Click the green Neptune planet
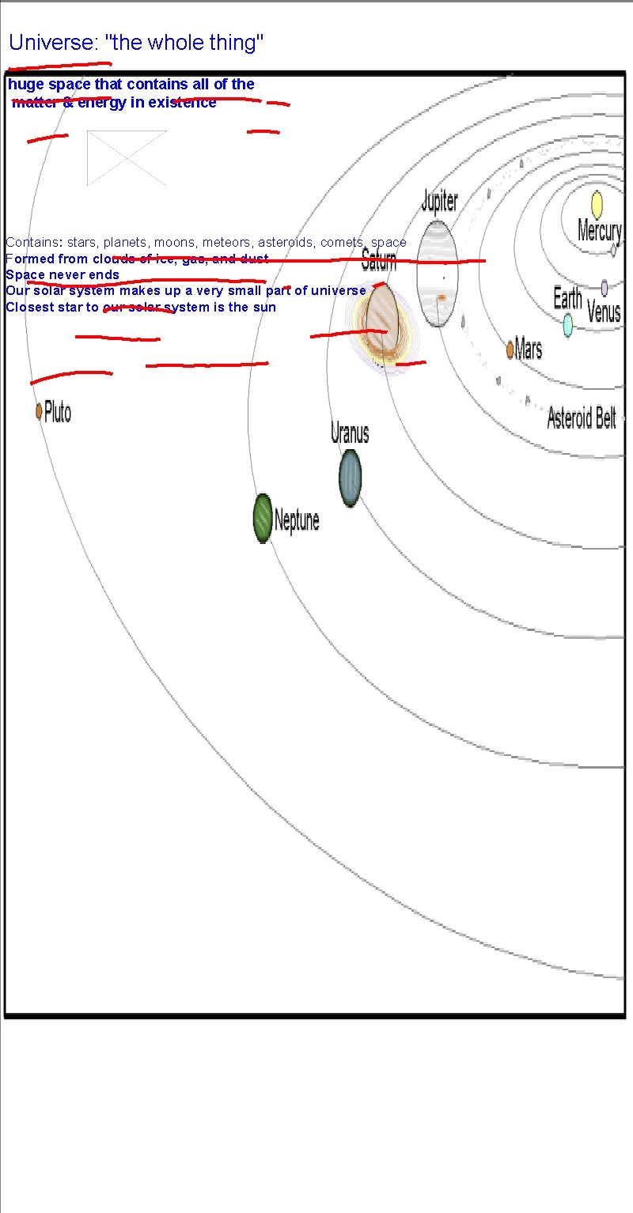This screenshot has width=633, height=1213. pyautogui.click(x=263, y=519)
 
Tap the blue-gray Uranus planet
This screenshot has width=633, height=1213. pyautogui.click(x=351, y=478)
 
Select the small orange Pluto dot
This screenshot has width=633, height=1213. pyautogui.click(x=38, y=411)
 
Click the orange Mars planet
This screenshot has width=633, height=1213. pyautogui.click(x=510, y=348)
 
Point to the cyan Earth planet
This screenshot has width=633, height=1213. pyautogui.click(x=567, y=325)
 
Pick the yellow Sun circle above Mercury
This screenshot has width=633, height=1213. pyautogui.click(x=597, y=205)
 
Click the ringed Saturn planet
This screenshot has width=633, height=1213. pyautogui.click(x=381, y=320)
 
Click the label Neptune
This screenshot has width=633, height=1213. pyautogui.click(x=297, y=520)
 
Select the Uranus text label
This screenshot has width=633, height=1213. pyautogui.click(x=350, y=433)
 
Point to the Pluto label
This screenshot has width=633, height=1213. pyautogui.click(x=58, y=412)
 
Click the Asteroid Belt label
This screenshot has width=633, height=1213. pyautogui.click(x=582, y=418)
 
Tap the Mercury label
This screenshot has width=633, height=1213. pyautogui.click(x=599, y=231)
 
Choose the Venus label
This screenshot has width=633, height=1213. pyautogui.click(x=604, y=312)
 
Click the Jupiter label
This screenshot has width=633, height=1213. pyautogui.click(x=439, y=201)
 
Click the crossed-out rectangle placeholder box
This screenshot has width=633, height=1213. pyautogui.click(x=127, y=158)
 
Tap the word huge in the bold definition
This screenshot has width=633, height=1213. pyautogui.click(x=24, y=84)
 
